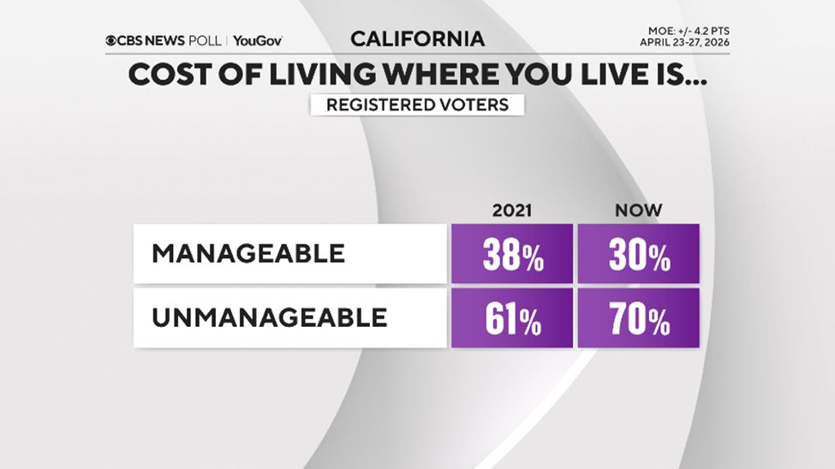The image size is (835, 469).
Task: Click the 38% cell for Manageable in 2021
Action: (x=512, y=253)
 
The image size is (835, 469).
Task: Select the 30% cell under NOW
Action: (x=639, y=253)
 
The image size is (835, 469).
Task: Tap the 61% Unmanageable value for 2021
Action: (x=512, y=318)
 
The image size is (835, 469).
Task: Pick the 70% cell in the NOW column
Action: (x=639, y=318)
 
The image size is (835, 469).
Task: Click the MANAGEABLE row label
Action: (x=248, y=253)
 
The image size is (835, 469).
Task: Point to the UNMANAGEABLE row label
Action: (x=269, y=318)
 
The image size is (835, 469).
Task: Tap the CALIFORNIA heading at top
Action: (x=417, y=39)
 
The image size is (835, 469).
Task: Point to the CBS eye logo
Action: (x=112, y=40)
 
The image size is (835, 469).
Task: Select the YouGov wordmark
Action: (x=257, y=40)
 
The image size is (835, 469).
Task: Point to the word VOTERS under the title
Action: (x=474, y=105)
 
